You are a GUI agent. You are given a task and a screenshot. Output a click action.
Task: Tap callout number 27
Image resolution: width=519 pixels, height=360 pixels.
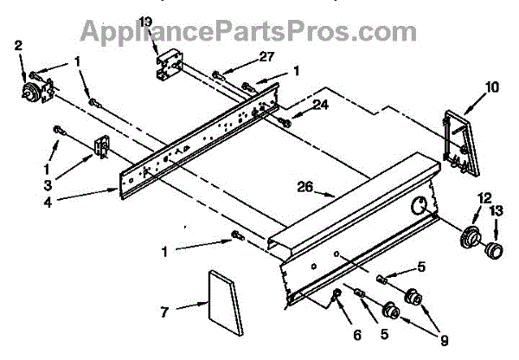(x=243, y=56)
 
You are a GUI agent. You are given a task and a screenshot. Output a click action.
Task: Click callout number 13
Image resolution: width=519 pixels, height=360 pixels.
(x=497, y=209)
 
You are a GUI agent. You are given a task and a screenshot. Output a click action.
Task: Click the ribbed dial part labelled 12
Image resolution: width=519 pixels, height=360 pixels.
(x=471, y=236)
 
